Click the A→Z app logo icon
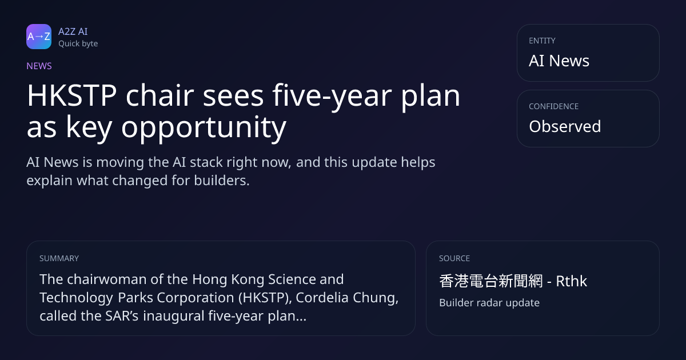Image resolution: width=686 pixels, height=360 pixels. [39, 37]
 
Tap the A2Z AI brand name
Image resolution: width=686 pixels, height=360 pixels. [73, 31]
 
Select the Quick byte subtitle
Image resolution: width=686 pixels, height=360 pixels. [78, 44]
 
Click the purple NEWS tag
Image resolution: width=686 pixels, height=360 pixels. [39, 66]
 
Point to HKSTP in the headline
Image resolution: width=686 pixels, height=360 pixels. [71, 95]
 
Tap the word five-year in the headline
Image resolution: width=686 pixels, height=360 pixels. [332, 96]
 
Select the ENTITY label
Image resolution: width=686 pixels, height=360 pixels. [542, 41]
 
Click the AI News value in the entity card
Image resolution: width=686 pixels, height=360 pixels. [559, 61]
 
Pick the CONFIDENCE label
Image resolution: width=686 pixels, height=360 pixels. [554, 106]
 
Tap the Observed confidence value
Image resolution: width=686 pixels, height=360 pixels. [565, 126]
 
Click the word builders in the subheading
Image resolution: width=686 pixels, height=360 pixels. [222, 181]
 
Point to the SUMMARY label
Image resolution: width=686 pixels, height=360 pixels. [59, 258]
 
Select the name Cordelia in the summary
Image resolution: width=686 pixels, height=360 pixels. [322, 298]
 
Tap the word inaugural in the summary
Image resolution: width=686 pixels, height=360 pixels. [174, 316]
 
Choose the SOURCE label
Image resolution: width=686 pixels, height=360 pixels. [454, 258]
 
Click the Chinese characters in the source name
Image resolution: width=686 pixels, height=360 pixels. [491, 281]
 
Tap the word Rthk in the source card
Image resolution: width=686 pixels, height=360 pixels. [572, 281]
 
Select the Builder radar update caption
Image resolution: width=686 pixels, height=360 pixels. [489, 303]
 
